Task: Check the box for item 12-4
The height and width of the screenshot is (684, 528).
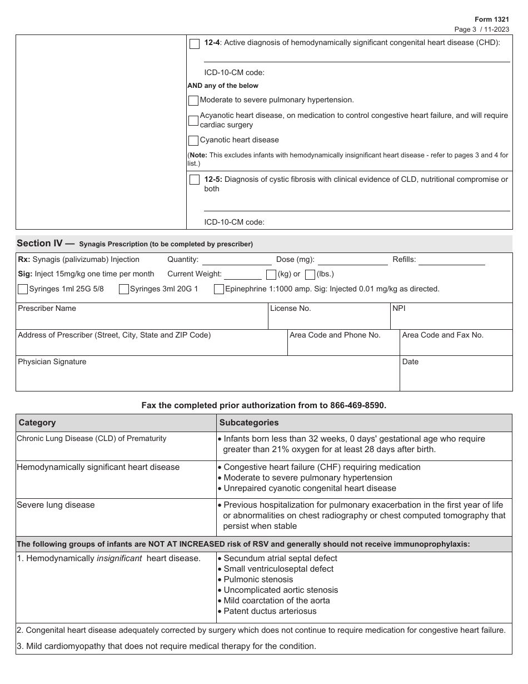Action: coord(195,44)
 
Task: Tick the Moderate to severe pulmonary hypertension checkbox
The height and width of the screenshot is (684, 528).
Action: coord(193,101)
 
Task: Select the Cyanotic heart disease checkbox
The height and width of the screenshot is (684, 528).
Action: coord(193,141)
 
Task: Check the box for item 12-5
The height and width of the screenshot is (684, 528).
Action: coord(195,180)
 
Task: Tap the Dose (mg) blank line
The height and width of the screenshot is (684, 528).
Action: coord(352,260)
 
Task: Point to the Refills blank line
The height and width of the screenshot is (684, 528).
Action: coord(451,260)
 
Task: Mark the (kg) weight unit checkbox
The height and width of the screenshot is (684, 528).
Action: coord(271,274)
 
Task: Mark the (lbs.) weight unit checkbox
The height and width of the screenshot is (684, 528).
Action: coord(310,274)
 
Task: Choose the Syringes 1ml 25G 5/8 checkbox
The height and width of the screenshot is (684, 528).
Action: coord(23,289)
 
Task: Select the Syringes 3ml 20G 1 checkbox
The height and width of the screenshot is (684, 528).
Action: coord(124,289)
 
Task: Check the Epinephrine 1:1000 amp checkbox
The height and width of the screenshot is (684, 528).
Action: coord(219,289)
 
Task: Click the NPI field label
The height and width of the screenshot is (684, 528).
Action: coord(399,308)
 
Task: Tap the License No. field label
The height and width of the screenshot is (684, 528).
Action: coord(290,308)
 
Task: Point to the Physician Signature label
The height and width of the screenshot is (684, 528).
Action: coord(52,361)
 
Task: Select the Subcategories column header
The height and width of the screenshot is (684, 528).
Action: coord(249,423)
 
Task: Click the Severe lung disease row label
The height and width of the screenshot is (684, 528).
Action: coord(56,505)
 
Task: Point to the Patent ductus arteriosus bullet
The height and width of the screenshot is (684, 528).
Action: coord(270,611)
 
